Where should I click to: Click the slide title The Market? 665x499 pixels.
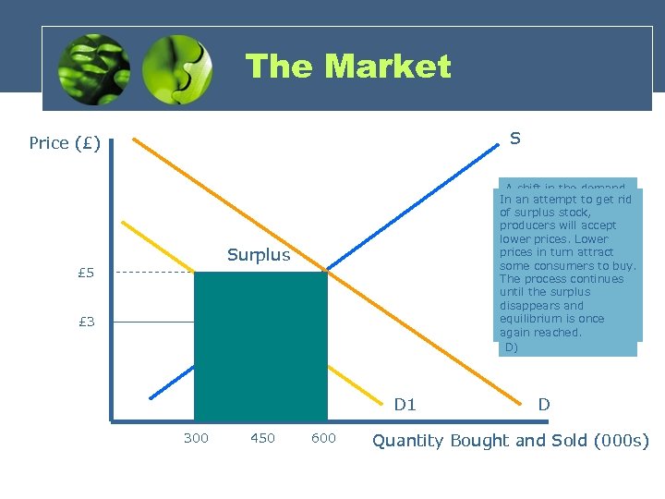[x=348, y=67]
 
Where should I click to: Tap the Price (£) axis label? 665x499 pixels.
[x=64, y=143]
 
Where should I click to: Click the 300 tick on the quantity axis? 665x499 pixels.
[x=196, y=438]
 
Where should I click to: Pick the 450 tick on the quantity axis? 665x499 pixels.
[x=262, y=438]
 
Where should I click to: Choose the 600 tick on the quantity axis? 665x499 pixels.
[x=323, y=438]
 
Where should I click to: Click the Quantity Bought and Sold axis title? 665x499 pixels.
[x=510, y=440]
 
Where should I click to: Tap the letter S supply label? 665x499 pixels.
[x=514, y=139]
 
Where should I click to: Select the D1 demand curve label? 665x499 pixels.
[x=405, y=404]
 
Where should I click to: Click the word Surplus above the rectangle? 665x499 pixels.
[x=259, y=255]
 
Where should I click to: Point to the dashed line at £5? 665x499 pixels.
[x=155, y=273]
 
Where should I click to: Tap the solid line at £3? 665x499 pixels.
[x=155, y=322]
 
